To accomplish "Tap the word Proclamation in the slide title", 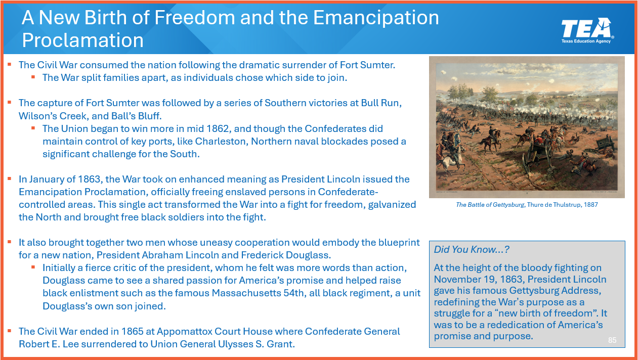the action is (82, 40).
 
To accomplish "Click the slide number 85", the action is (612, 340).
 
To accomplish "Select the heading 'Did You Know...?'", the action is (472, 250).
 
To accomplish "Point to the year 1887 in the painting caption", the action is (590, 205).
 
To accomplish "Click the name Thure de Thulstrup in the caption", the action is (554, 205).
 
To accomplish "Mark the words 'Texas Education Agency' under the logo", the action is (586, 41).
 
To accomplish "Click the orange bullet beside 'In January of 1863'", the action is (10, 178).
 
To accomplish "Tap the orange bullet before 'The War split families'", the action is (33, 77).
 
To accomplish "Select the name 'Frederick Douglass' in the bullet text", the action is (286, 255).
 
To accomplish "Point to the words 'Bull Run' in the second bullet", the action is (381, 103).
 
